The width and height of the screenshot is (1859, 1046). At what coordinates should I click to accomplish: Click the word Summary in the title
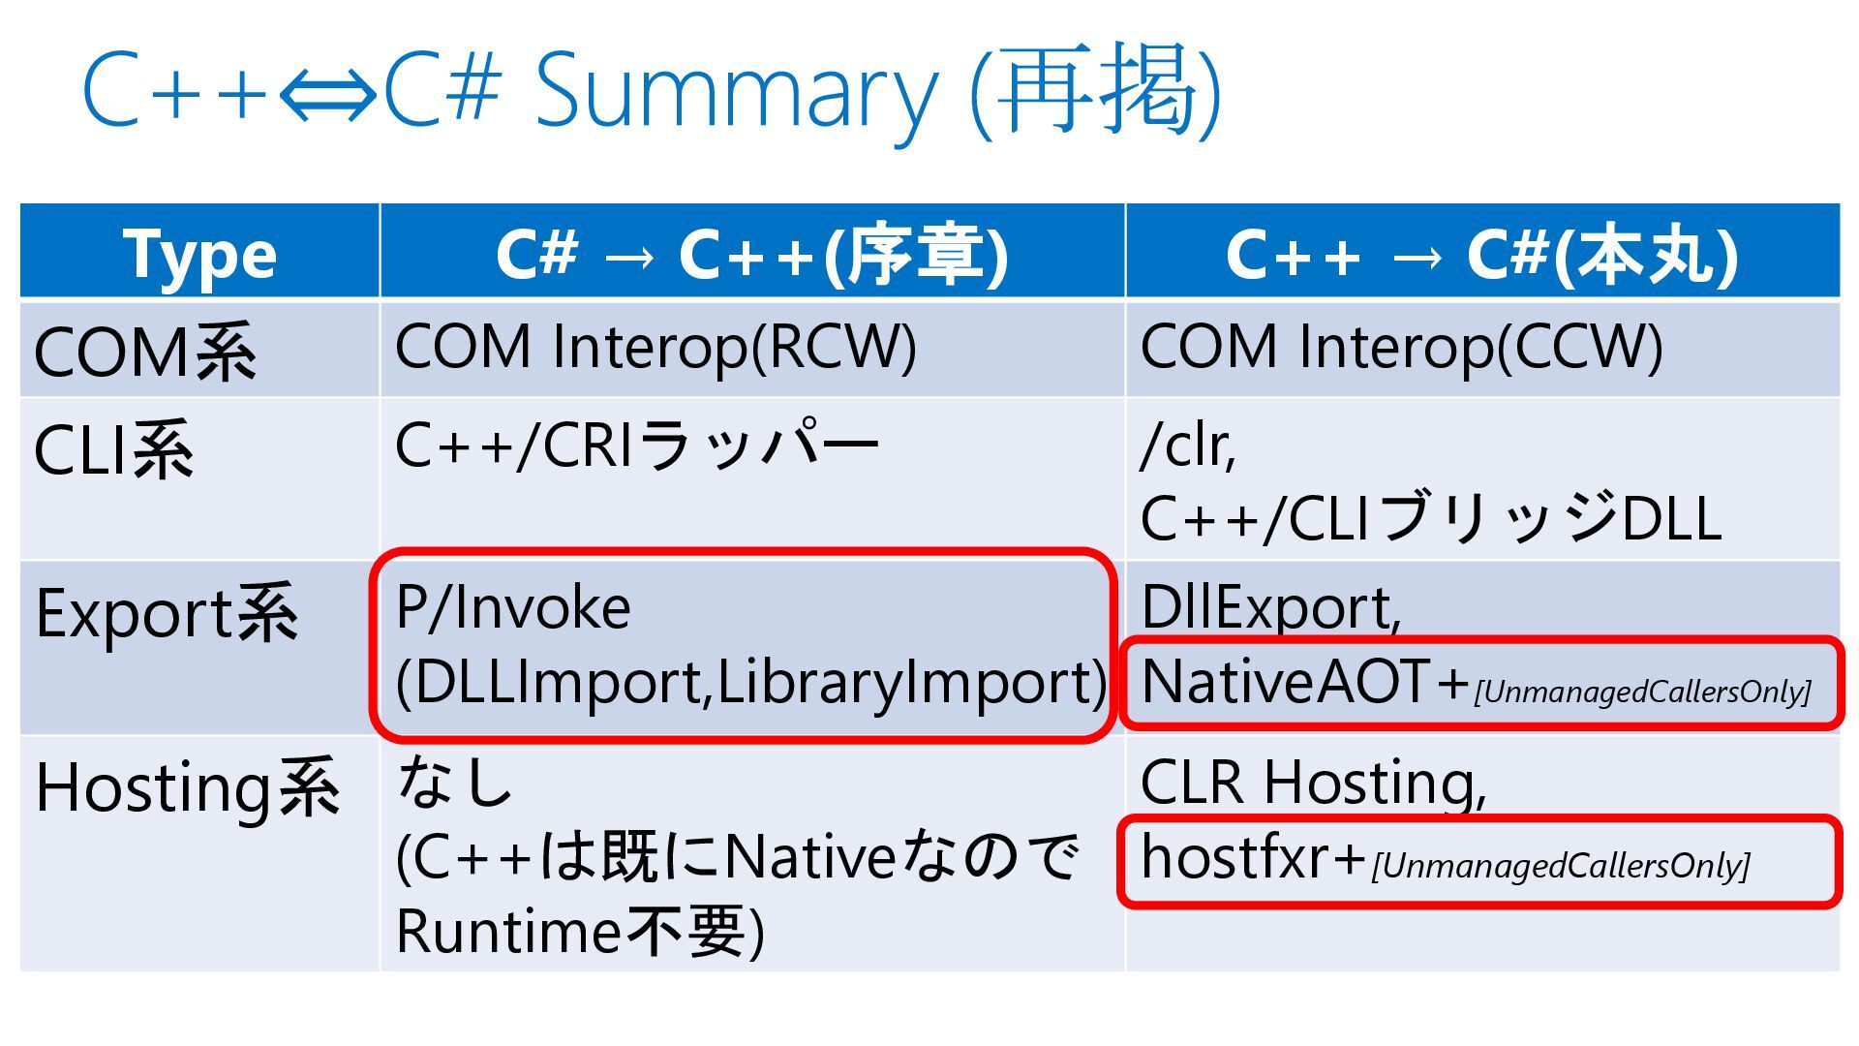click(x=736, y=92)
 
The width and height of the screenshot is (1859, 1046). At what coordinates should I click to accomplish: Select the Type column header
click(x=199, y=254)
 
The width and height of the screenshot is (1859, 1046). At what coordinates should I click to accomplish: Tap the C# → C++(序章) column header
click(x=751, y=254)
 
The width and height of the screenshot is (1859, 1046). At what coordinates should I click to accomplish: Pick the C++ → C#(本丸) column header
click(x=1481, y=254)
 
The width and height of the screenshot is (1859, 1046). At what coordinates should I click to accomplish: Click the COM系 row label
click(x=145, y=351)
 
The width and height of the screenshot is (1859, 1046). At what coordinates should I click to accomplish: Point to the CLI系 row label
click(x=114, y=449)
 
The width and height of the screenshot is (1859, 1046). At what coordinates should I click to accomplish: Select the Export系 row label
click(x=167, y=614)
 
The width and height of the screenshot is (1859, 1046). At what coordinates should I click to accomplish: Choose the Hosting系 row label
click(x=188, y=787)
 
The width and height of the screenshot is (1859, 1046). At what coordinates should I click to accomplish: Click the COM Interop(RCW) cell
click(x=655, y=347)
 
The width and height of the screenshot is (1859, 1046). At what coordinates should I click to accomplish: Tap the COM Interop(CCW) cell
click(x=1401, y=347)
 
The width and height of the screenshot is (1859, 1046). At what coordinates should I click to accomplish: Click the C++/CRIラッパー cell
click(x=636, y=446)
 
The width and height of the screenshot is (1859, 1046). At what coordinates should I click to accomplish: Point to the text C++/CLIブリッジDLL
click(x=1430, y=518)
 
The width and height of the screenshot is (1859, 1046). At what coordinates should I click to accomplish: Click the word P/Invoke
click(x=513, y=608)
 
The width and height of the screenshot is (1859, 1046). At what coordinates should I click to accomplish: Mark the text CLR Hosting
click(x=1311, y=782)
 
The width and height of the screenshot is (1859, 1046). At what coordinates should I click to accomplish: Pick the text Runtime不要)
click(x=579, y=931)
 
